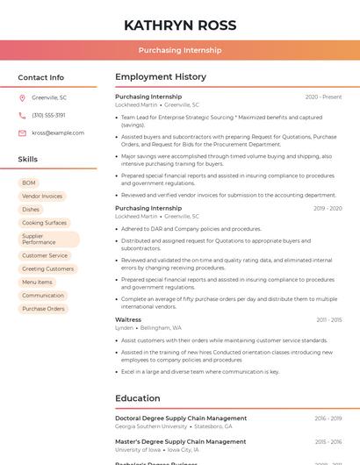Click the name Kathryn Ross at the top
point(179,25)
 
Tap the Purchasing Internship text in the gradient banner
point(179,50)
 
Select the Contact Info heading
point(40,77)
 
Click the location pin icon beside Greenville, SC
point(22,97)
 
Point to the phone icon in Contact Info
point(22,115)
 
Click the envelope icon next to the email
point(22,132)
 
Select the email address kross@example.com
point(51,132)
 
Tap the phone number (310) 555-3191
point(48,115)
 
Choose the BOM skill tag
point(29,182)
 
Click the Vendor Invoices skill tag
point(42,197)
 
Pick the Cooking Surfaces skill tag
point(44,223)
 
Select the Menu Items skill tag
point(37,283)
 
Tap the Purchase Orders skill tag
point(43,309)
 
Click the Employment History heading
point(161,77)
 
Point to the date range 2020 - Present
point(323,97)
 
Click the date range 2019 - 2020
point(328,208)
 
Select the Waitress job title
point(128,320)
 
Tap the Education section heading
point(138,398)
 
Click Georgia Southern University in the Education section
point(151,426)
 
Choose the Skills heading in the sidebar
point(28,160)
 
